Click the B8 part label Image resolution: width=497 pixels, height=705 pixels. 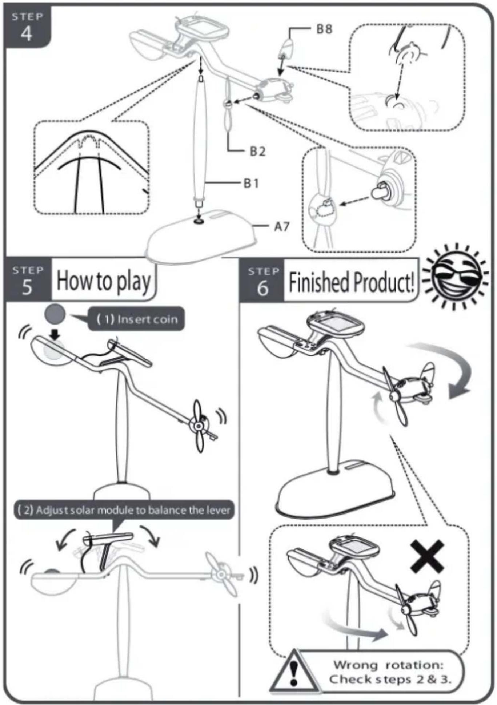pyautogui.click(x=324, y=29)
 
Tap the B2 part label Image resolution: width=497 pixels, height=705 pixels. pyautogui.click(x=257, y=151)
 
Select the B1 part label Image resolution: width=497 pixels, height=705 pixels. pyautogui.click(x=251, y=183)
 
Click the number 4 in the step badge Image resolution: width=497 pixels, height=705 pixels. pyautogui.click(x=26, y=34)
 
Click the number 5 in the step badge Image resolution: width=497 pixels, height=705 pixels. pyautogui.click(x=27, y=287)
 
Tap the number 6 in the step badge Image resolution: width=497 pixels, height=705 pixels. pyautogui.click(x=263, y=288)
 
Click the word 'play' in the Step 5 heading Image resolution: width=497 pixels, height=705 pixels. pyautogui.click(x=133, y=282)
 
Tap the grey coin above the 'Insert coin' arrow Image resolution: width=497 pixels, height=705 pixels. pyautogui.click(x=55, y=314)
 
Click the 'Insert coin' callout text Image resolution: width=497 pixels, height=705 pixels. pyautogui.click(x=137, y=319)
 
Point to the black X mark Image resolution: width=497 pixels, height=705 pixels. pyautogui.click(x=427, y=556)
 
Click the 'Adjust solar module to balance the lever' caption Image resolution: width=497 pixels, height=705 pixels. pyautogui.click(x=124, y=510)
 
